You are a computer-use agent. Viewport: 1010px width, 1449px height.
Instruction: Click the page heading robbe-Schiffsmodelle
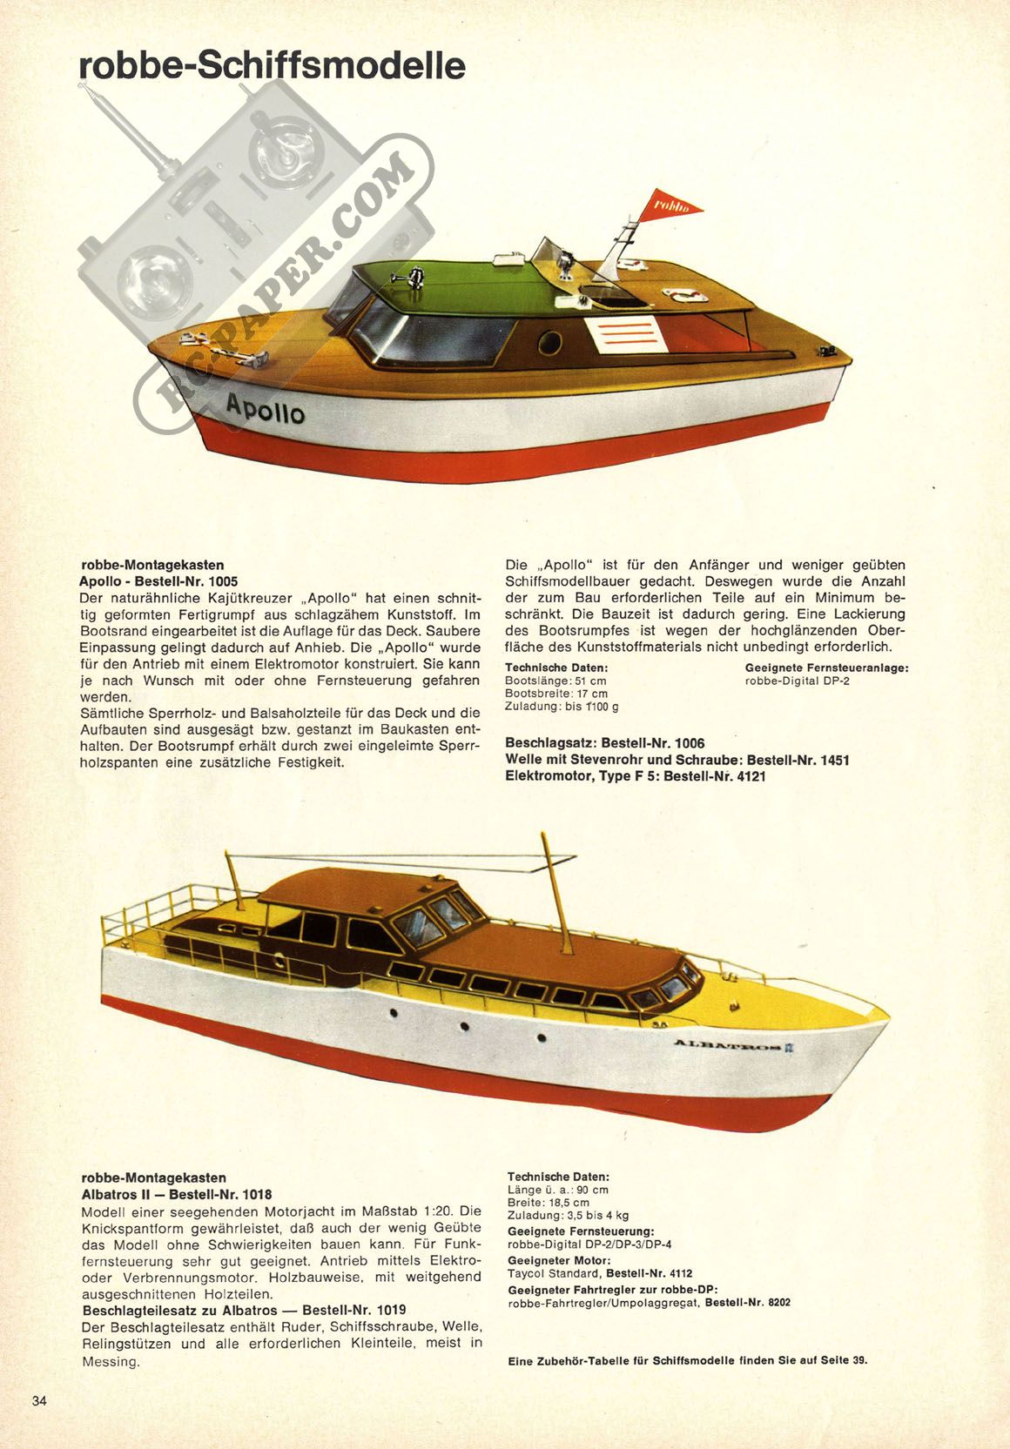pos(272,66)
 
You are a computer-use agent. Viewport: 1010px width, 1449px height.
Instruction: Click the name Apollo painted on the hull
pos(266,409)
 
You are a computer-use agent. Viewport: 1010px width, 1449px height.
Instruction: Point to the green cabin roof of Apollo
pos(466,284)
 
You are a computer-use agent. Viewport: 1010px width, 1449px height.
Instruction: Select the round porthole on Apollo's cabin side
pos(550,343)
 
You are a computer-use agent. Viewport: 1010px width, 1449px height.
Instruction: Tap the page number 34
pos(39,1400)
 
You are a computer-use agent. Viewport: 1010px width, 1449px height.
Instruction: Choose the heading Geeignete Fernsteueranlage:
pos(827,667)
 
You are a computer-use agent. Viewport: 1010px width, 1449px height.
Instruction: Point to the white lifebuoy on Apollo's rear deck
pos(685,295)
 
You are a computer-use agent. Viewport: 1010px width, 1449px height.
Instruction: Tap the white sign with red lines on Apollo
pos(626,334)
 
